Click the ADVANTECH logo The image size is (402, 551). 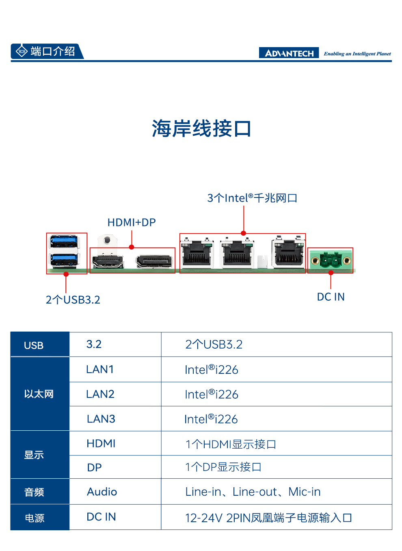click(x=289, y=53)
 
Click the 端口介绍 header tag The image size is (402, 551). click(x=47, y=51)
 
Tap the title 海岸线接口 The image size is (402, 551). click(x=201, y=128)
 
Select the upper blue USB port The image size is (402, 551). click(x=64, y=242)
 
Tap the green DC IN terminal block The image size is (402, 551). click(x=331, y=260)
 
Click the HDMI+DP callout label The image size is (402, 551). click(x=132, y=222)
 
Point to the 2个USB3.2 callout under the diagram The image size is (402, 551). click(x=73, y=300)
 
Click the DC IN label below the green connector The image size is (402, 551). click(x=331, y=297)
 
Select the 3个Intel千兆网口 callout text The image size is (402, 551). click(x=252, y=198)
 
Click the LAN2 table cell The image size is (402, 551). click(x=100, y=394)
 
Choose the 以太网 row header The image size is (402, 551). click(x=39, y=394)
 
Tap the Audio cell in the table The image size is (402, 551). click(x=102, y=492)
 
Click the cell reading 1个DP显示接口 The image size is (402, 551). click(x=223, y=467)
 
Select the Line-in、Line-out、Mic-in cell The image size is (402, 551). click(x=253, y=492)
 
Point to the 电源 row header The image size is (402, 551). click(x=35, y=518)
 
